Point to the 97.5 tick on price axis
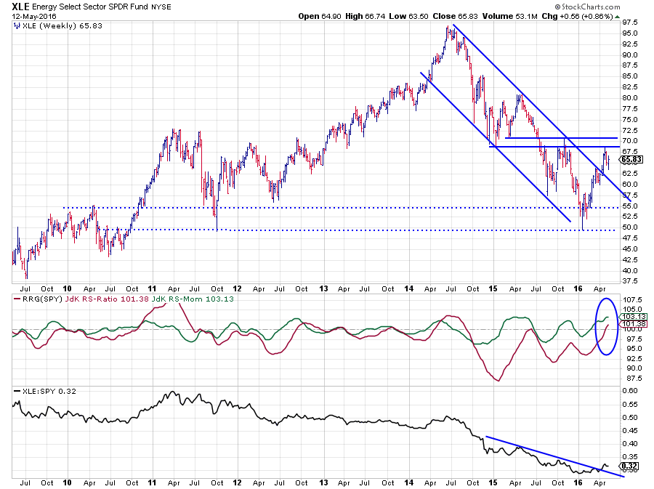click(x=631, y=23)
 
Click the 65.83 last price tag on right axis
click(x=631, y=158)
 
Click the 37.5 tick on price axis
click(x=631, y=280)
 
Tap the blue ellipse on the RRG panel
click(x=606, y=329)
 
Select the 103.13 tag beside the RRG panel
click(x=631, y=317)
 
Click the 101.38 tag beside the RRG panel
click(x=631, y=324)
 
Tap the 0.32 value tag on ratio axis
click(x=631, y=465)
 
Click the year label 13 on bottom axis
click(x=322, y=481)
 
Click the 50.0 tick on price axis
click(x=631, y=227)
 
